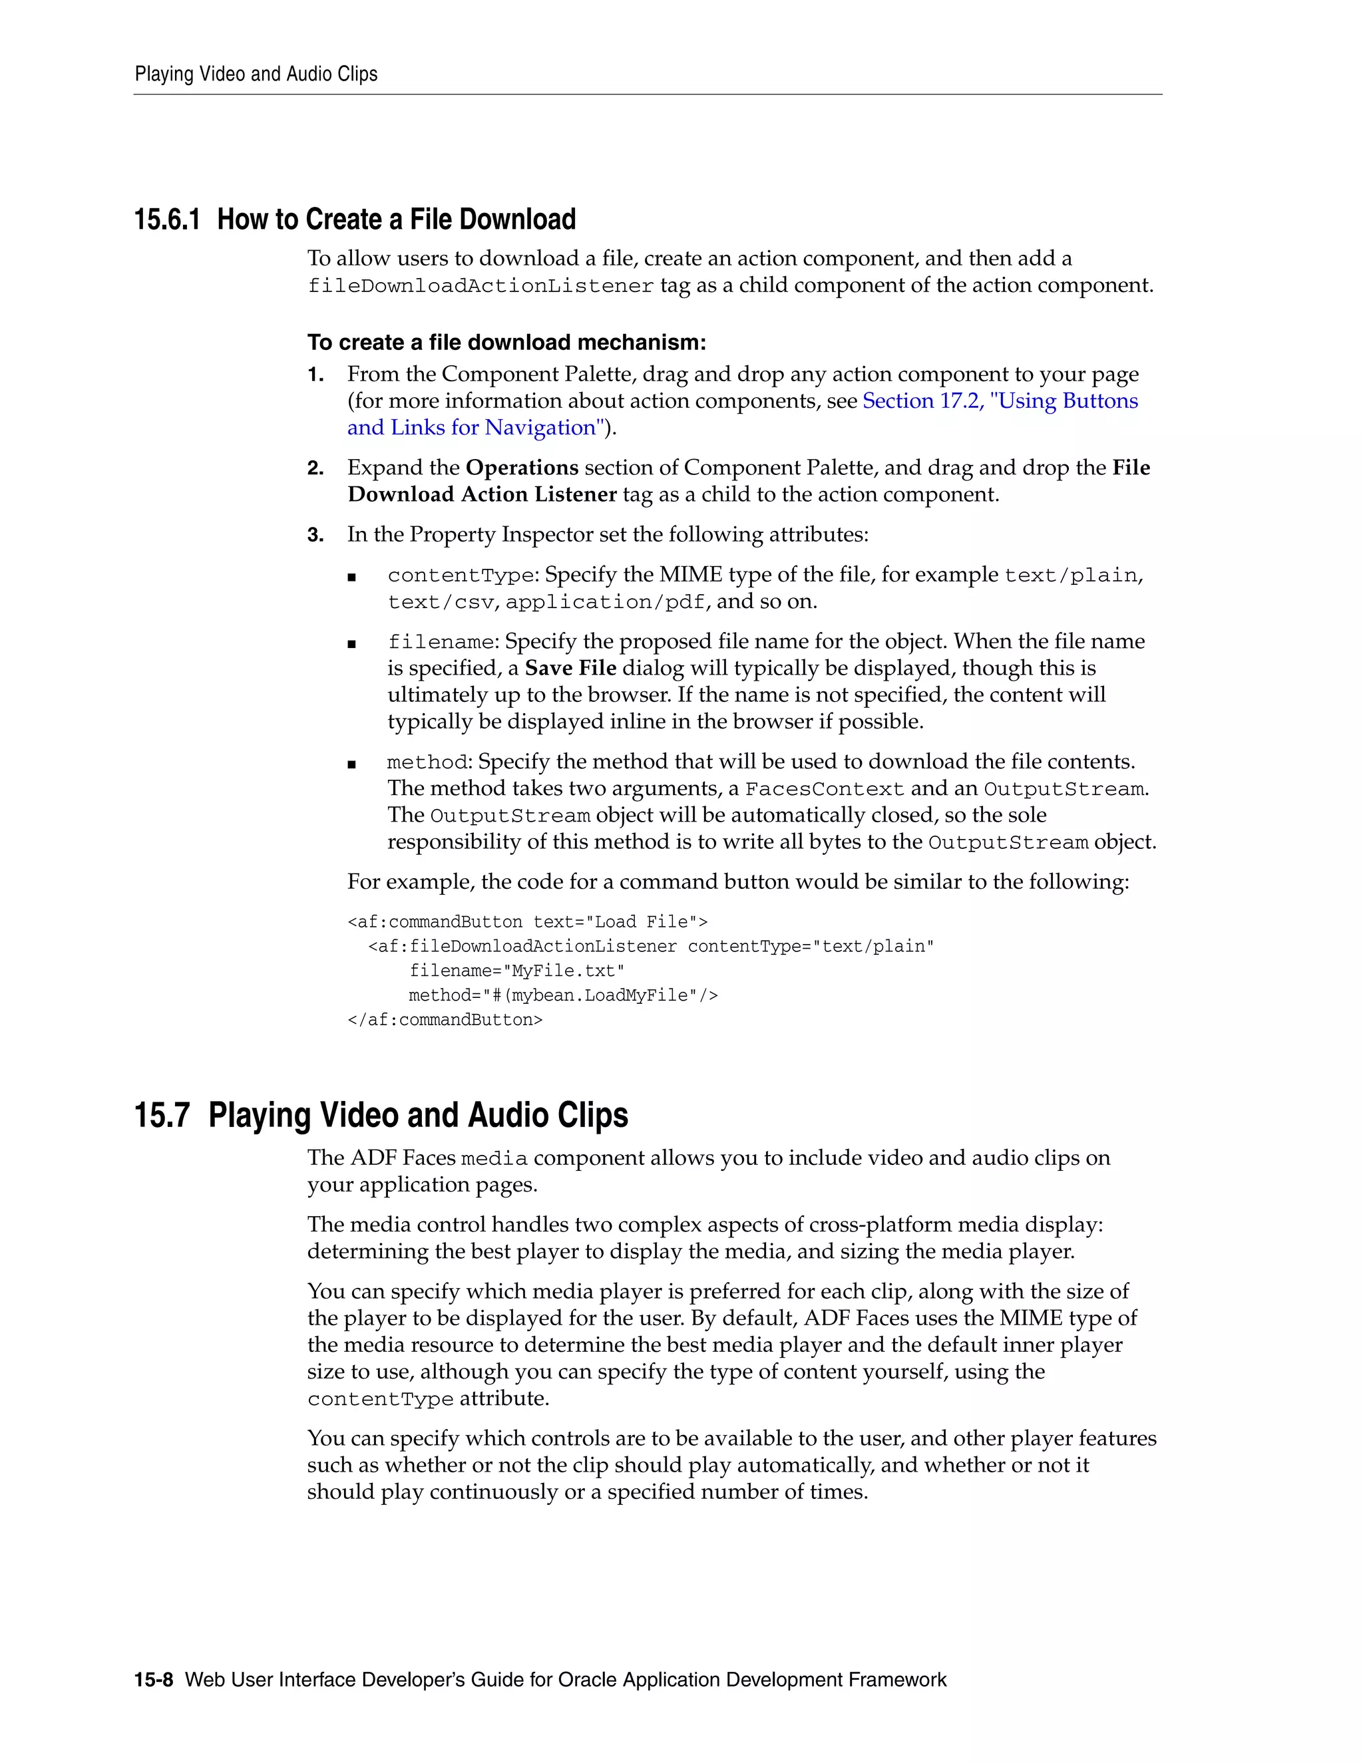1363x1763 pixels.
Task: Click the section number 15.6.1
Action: click(x=166, y=220)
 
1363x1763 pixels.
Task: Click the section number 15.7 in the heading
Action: click(x=162, y=1115)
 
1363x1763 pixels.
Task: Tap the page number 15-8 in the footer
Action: click(x=154, y=1680)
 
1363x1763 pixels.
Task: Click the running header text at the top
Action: click(x=256, y=75)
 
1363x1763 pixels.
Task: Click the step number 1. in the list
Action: click(x=315, y=375)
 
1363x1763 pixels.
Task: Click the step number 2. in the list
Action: click(x=315, y=469)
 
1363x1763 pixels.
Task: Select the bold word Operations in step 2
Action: click(x=522, y=468)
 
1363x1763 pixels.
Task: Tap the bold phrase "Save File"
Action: click(x=570, y=669)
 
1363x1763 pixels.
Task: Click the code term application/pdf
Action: click(x=606, y=602)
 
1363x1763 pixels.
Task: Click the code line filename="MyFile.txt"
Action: click(x=516, y=970)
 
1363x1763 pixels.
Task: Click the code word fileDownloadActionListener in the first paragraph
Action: click(x=481, y=287)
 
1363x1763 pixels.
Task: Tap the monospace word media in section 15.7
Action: click(x=494, y=1159)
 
